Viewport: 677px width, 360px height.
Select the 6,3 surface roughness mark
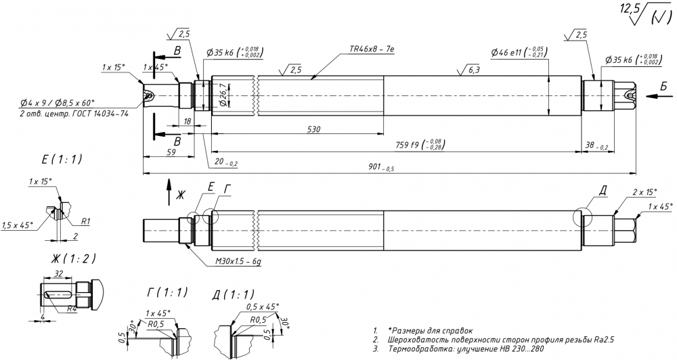(473, 69)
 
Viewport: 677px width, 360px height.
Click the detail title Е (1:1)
(62, 160)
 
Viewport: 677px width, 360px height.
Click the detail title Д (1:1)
(234, 295)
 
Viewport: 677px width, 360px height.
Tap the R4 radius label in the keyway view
(70, 309)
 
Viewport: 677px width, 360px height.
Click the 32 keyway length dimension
(58, 273)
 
